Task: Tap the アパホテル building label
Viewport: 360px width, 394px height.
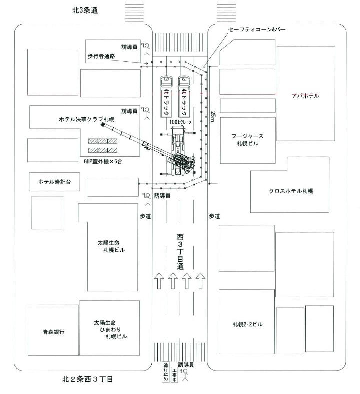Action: point(305,95)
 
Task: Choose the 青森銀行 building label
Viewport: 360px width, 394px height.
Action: point(53,332)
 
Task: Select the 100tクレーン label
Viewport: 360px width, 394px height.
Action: point(180,122)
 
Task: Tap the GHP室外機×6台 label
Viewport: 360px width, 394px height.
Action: point(103,162)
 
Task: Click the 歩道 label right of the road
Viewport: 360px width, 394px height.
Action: point(214,216)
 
